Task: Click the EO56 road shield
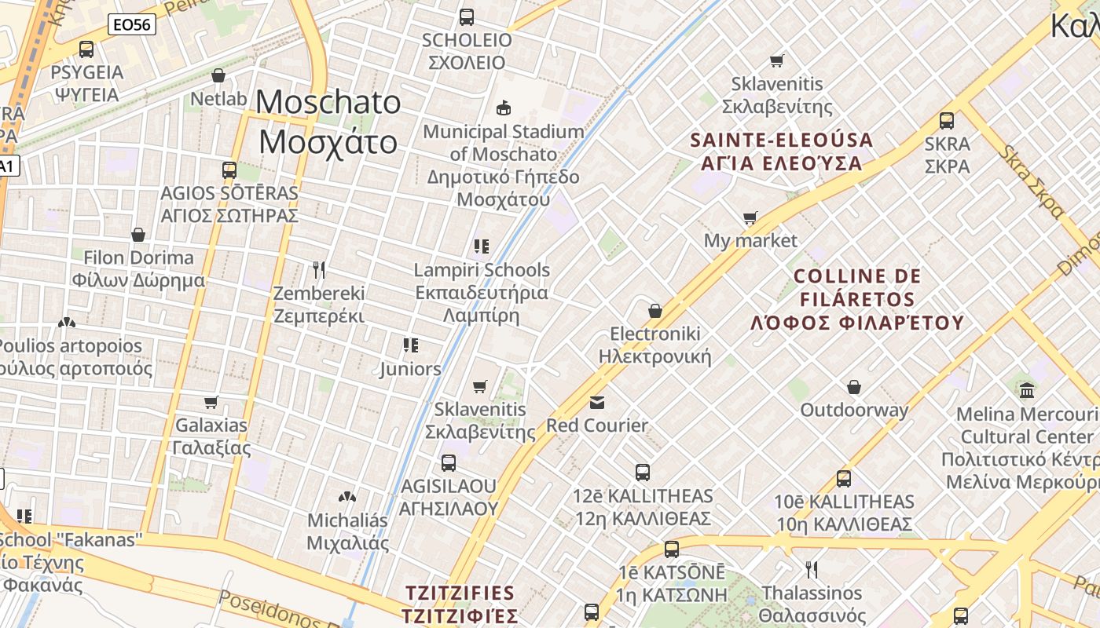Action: (x=133, y=24)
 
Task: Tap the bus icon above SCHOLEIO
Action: (x=467, y=16)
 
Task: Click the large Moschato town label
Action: (x=328, y=122)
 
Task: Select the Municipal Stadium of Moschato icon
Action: (x=504, y=107)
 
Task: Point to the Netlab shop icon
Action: (x=218, y=75)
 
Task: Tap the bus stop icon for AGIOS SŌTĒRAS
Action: (x=229, y=170)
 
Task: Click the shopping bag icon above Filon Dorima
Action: (x=138, y=235)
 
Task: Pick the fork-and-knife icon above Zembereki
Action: (x=319, y=270)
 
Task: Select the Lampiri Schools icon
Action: (x=482, y=246)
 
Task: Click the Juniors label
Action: (x=410, y=369)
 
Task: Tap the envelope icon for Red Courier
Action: (x=597, y=403)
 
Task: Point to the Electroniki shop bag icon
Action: (x=655, y=311)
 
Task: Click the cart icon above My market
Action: (x=750, y=217)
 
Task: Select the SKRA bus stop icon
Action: (x=947, y=121)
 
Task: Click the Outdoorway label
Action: (x=854, y=410)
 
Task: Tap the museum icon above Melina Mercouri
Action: (x=1027, y=390)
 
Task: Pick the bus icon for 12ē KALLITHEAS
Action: (x=643, y=473)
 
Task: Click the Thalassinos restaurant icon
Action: (x=812, y=569)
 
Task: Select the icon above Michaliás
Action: (x=346, y=497)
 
